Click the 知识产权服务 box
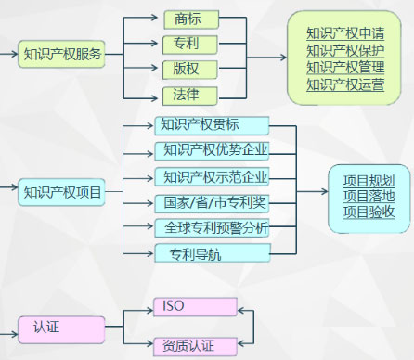pyautogui.click(x=62, y=54)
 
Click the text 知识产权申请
pyautogui.click(x=345, y=34)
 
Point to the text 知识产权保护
pyautogui.click(x=345, y=51)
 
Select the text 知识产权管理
pyautogui.click(x=345, y=69)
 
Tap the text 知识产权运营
pyautogui.click(x=345, y=85)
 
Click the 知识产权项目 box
pyautogui.click(x=62, y=193)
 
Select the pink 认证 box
pyautogui.click(x=59, y=327)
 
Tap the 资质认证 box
pyautogui.click(x=195, y=345)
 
